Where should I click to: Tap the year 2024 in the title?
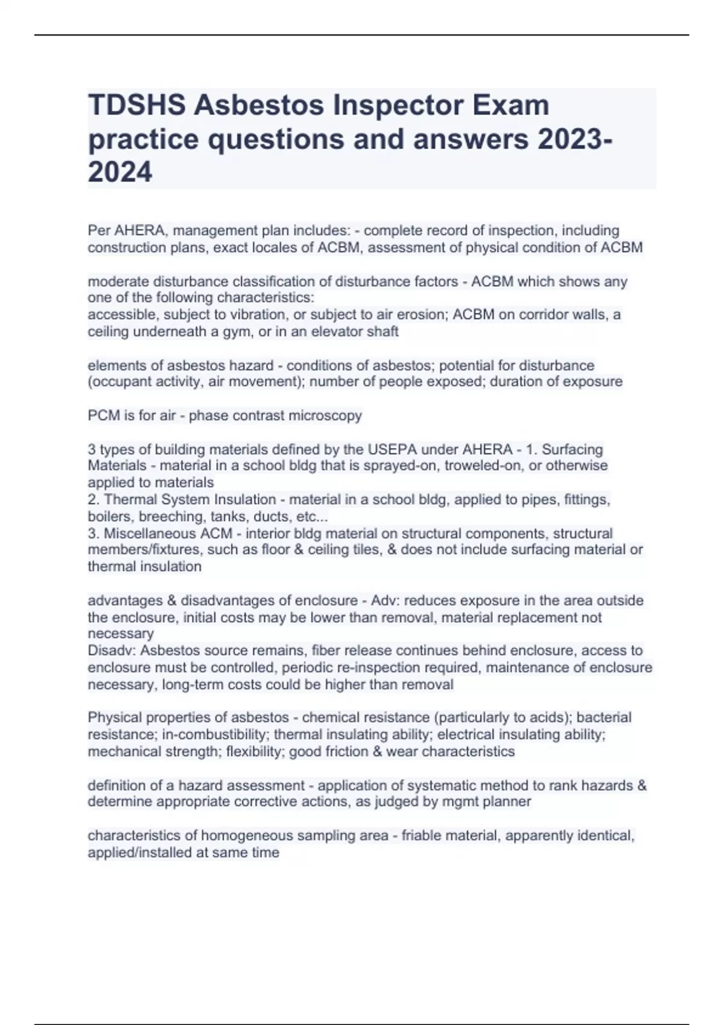120,172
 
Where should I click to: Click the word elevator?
337,332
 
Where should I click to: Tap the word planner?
508,802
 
